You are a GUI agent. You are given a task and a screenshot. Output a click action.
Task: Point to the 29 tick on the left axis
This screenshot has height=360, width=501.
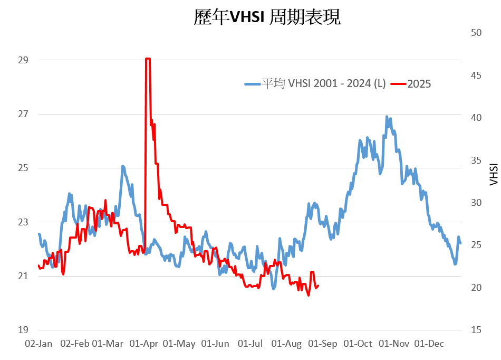pos(23,60)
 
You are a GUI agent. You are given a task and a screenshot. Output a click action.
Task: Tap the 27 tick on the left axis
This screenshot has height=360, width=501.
pos(23,114)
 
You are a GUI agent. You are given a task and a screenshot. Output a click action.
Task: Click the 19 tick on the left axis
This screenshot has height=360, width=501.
pos(23,330)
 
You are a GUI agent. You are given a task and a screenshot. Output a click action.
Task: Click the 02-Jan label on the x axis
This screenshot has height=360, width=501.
pos(39,344)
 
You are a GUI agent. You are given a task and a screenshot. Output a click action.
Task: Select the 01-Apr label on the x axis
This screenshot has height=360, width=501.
pos(143,344)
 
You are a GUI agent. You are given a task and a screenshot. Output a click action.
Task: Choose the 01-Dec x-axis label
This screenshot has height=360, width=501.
pos(429,344)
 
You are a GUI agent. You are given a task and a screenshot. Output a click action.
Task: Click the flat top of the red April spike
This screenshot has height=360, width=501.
pos(148,59)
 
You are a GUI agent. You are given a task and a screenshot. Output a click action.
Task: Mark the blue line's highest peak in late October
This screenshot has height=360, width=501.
pos(387,117)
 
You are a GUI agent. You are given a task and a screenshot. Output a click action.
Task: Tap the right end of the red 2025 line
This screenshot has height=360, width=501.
pos(318,286)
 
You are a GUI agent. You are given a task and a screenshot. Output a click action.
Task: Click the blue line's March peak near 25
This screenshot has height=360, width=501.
pos(122,166)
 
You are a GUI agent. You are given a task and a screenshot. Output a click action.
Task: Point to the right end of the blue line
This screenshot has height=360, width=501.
pos(460,243)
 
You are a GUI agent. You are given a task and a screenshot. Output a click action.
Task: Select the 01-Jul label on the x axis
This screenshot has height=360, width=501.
pos(250,344)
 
